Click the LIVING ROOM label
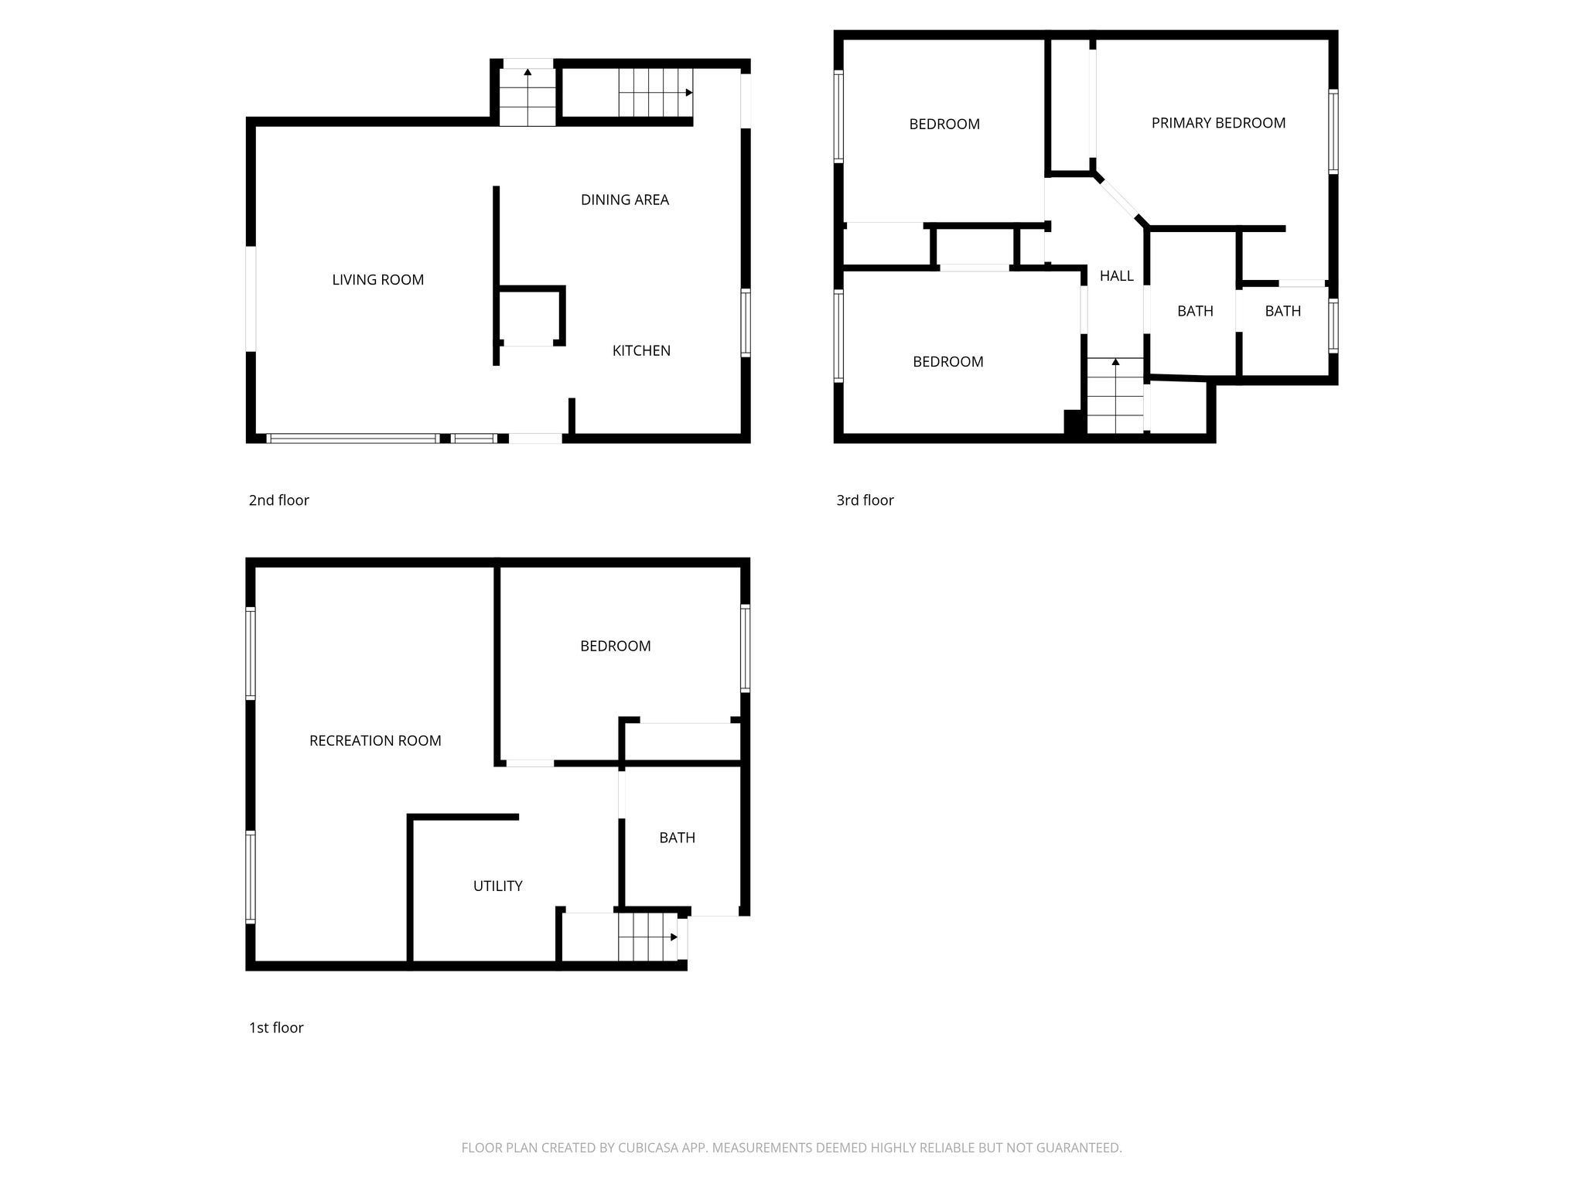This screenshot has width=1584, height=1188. click(x=378, y=280)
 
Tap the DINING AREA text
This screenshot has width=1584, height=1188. click(x=625, y=200)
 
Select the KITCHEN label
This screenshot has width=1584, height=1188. click(x=641, y=350)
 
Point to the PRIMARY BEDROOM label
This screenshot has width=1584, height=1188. click(x=1218, y=122)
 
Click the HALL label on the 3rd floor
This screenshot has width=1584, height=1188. click(x=1117, y=275)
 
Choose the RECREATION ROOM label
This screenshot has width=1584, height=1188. click(x=375, y=740)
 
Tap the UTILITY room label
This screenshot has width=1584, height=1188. click(x=497, y=886)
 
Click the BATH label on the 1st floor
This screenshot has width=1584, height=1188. click(x=677, y=837)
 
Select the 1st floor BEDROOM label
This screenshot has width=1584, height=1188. click(x=615, y=646)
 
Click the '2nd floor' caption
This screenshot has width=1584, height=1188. click(x=278, y=500)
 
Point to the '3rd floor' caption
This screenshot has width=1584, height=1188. click(x=865, y=500)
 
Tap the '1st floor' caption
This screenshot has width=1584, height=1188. click(x=276, y=1027)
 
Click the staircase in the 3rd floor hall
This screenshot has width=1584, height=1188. click(x=1115, y=395)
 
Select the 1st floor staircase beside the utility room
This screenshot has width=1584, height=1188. click(x=647, y=937)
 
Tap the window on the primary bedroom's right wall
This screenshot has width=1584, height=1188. click(x=1333, y=131)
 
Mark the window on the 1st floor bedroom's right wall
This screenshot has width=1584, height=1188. click(x=745, y=647)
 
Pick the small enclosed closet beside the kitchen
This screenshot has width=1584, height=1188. click(x=530, y=316)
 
